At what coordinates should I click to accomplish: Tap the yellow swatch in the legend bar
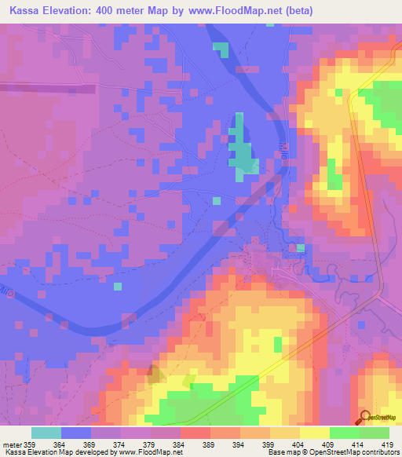click(x=314, y=433)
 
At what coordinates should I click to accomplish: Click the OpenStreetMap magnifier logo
click(x=364, y=417)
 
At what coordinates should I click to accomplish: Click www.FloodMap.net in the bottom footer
click(x=150, y=452)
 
